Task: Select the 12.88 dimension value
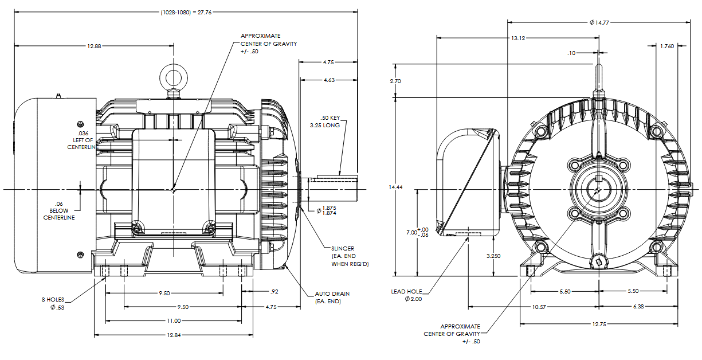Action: [x=95, y=46]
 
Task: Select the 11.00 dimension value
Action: [x=174, y=321]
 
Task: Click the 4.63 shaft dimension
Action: [x=329, y=80]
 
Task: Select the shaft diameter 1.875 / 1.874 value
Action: [x=329, y=210]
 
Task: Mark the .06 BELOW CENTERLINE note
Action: [x=59, y=210]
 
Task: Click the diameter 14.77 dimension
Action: [x=599, y=23]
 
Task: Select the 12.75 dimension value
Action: [x=599, y=324]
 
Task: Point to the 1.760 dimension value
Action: [x=666, y=46]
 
